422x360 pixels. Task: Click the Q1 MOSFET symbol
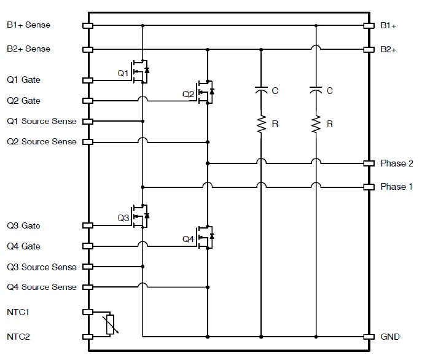140,71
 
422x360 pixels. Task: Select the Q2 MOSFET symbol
205,92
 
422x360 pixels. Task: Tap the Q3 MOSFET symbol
140,216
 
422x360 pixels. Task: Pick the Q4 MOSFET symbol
205,237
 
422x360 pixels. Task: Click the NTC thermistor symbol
111,324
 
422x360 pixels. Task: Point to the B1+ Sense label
28,25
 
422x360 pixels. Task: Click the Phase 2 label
396,163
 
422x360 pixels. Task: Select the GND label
390,337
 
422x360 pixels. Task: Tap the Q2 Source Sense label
42,142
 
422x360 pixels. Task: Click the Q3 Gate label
23,225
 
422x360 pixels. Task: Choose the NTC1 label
18,312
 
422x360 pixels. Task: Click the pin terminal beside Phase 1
369,187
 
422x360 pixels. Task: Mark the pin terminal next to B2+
369,49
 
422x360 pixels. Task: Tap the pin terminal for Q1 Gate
87,80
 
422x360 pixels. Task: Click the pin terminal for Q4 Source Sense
87,287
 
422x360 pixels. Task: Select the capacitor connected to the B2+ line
261,91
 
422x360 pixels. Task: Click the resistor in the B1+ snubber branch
316,124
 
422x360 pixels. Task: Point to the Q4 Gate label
23,246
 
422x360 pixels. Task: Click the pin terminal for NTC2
87,337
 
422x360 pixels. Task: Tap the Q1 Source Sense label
42,121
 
